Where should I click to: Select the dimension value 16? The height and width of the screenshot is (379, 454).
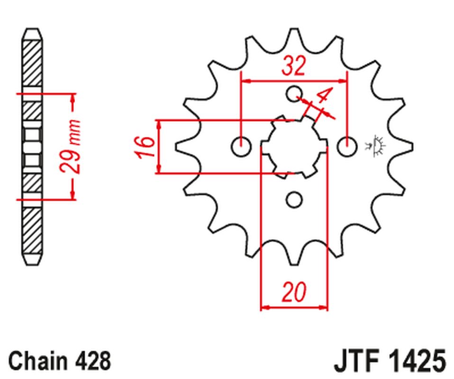(146, 147)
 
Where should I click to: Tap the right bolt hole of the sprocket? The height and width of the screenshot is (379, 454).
(347, 147)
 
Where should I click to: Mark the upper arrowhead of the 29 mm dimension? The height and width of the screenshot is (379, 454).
(73, 97)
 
